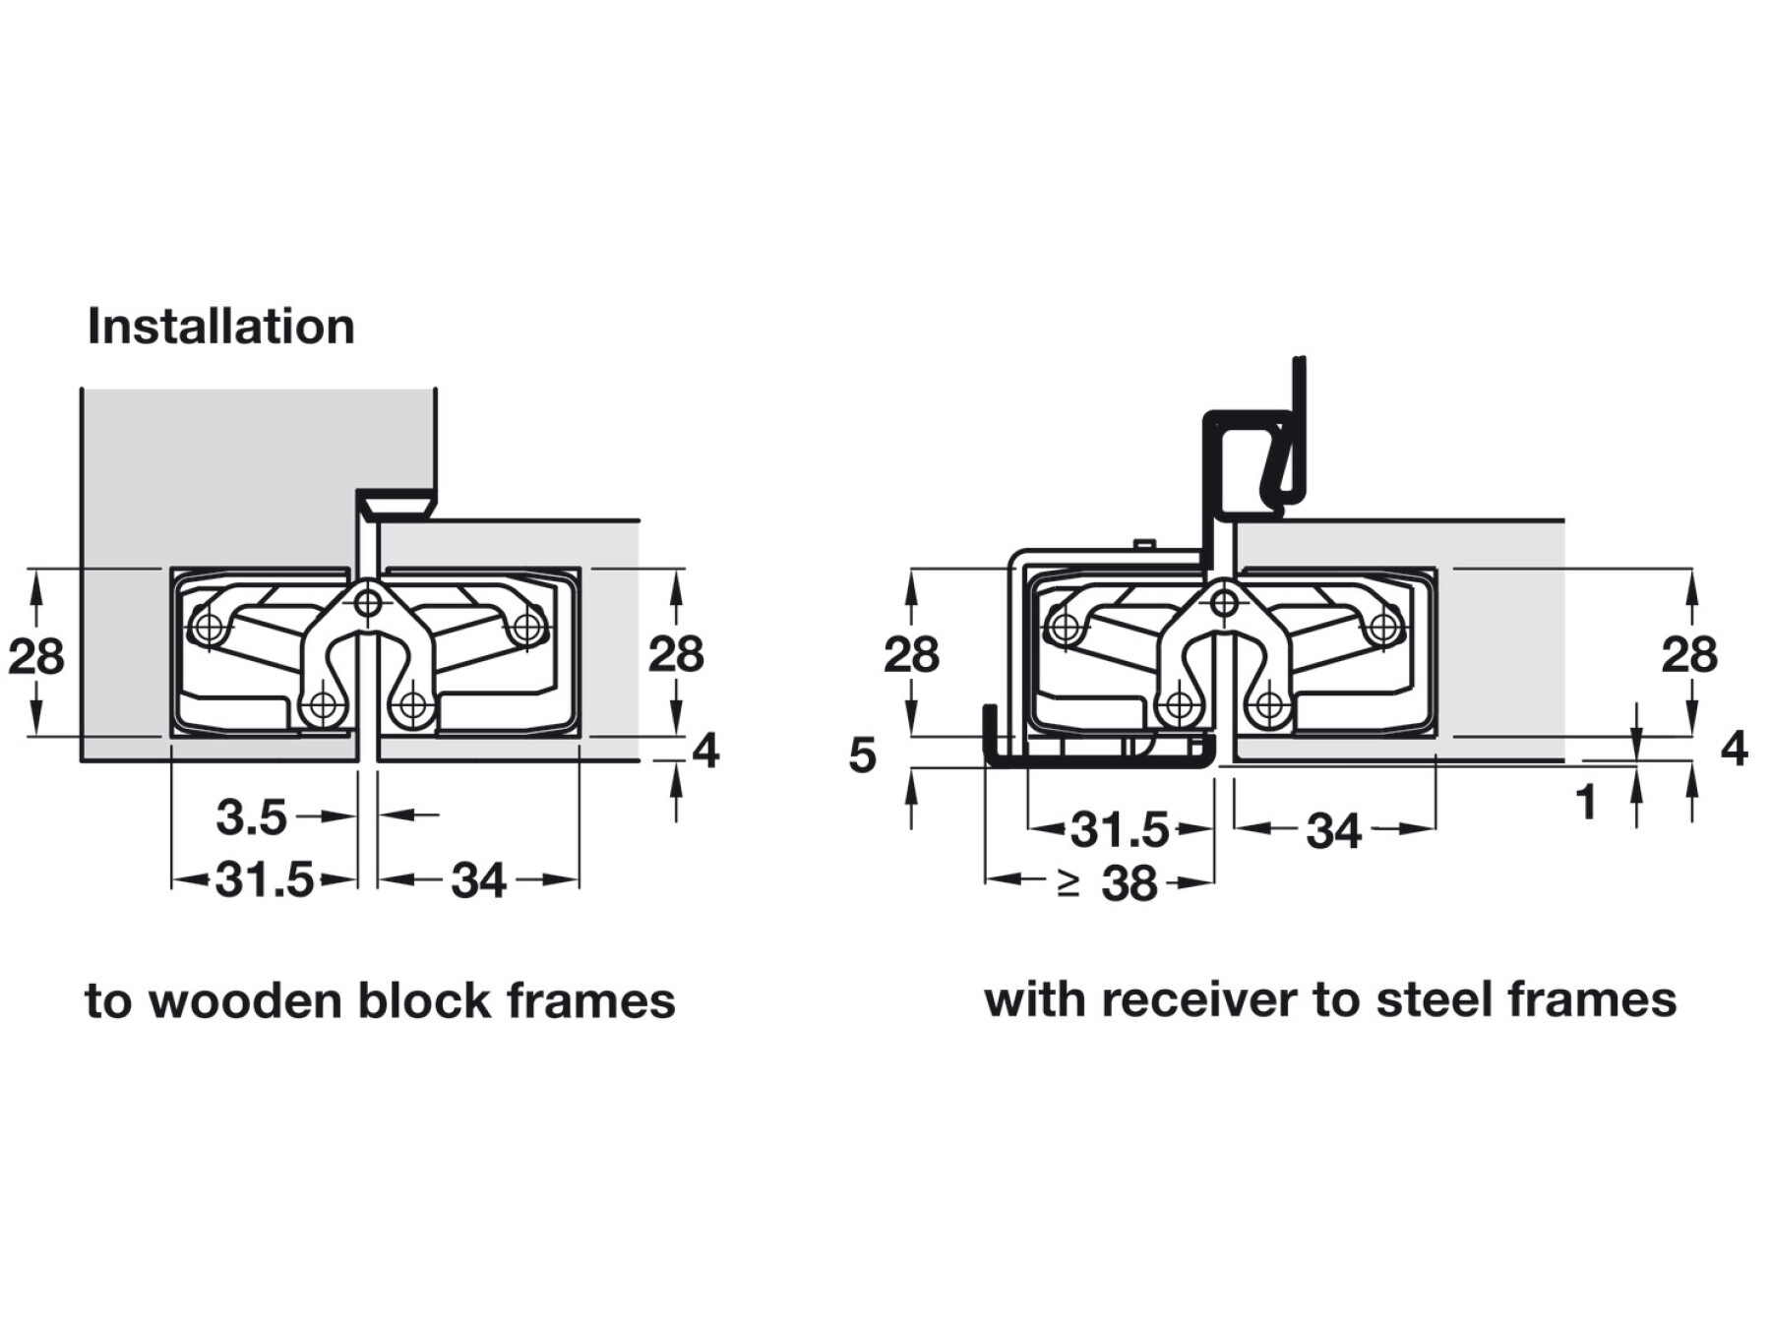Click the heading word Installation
coord(221,327)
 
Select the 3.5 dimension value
coord(251,817)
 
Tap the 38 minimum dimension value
coord(1130,883)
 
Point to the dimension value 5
coord(862,755)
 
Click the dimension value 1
coord(1585,803)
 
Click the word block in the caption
coord(424,1001)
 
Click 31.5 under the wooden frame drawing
coord(265,879)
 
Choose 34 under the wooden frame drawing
coord(479,880)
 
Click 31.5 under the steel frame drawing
coord(1120,830)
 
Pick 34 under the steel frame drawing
coord(1334,832)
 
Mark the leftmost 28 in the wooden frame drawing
coord(36,655)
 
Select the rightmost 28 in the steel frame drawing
coord(1689,654)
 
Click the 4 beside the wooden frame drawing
coord(705,752)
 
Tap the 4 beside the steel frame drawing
coord(1734,749)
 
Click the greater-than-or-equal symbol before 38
coord(1069,883)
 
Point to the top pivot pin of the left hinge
coord(368,601)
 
